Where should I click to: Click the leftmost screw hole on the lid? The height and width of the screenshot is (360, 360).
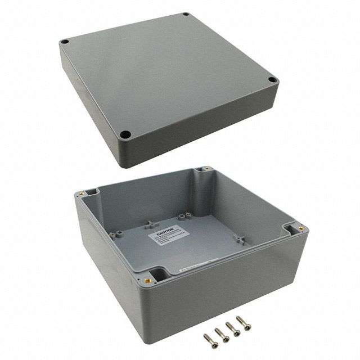click(65, 42)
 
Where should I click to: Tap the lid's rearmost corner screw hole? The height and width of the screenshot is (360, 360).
click(185, 15)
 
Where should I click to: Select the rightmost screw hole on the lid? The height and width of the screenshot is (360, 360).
click(272, 80)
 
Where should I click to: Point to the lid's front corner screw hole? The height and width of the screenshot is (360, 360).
click(127, 135)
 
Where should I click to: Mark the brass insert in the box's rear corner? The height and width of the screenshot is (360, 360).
click(205, 169)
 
